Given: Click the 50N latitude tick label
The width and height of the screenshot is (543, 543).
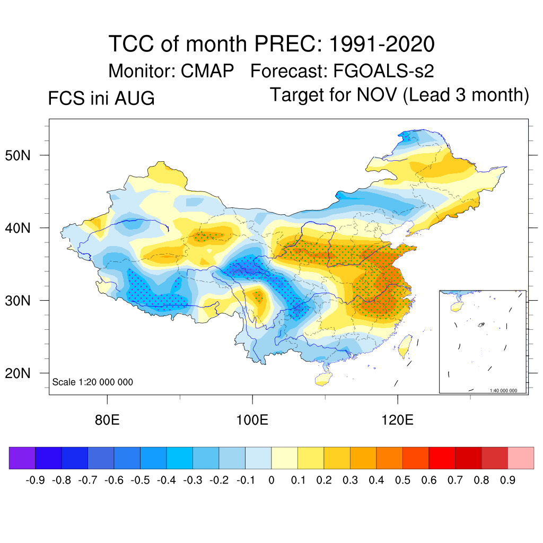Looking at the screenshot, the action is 17,155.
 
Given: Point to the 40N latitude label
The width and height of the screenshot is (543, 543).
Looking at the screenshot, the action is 17,228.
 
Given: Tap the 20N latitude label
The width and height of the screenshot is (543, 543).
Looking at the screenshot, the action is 17,373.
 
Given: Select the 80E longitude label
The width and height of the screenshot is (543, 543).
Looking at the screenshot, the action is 107,420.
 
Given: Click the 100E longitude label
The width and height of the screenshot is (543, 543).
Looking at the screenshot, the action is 252,420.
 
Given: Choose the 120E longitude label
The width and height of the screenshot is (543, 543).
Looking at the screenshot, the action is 397,420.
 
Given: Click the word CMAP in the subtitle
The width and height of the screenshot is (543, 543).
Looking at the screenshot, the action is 207,71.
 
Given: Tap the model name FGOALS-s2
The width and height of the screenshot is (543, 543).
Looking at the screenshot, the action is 383,71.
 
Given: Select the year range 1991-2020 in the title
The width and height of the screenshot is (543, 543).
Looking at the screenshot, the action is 382,44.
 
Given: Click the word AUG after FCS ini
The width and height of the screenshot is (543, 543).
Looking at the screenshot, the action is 135,98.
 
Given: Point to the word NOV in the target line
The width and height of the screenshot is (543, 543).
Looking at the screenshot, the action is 376,95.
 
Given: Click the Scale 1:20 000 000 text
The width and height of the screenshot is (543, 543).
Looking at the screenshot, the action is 92,382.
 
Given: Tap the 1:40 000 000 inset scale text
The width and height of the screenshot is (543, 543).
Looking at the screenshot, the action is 503,391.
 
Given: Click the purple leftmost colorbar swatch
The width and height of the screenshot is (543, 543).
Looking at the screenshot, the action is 22,458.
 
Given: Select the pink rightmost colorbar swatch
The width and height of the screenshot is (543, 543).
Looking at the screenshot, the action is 521,458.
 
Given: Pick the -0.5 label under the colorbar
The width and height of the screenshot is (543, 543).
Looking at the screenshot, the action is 140,480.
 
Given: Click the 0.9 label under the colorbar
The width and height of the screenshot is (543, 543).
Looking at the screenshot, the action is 507,480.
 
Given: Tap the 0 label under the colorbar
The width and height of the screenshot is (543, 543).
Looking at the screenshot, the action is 271,480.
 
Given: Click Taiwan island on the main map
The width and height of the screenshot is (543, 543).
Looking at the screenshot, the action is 405,346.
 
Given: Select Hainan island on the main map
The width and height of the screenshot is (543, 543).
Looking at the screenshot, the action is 323,379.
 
